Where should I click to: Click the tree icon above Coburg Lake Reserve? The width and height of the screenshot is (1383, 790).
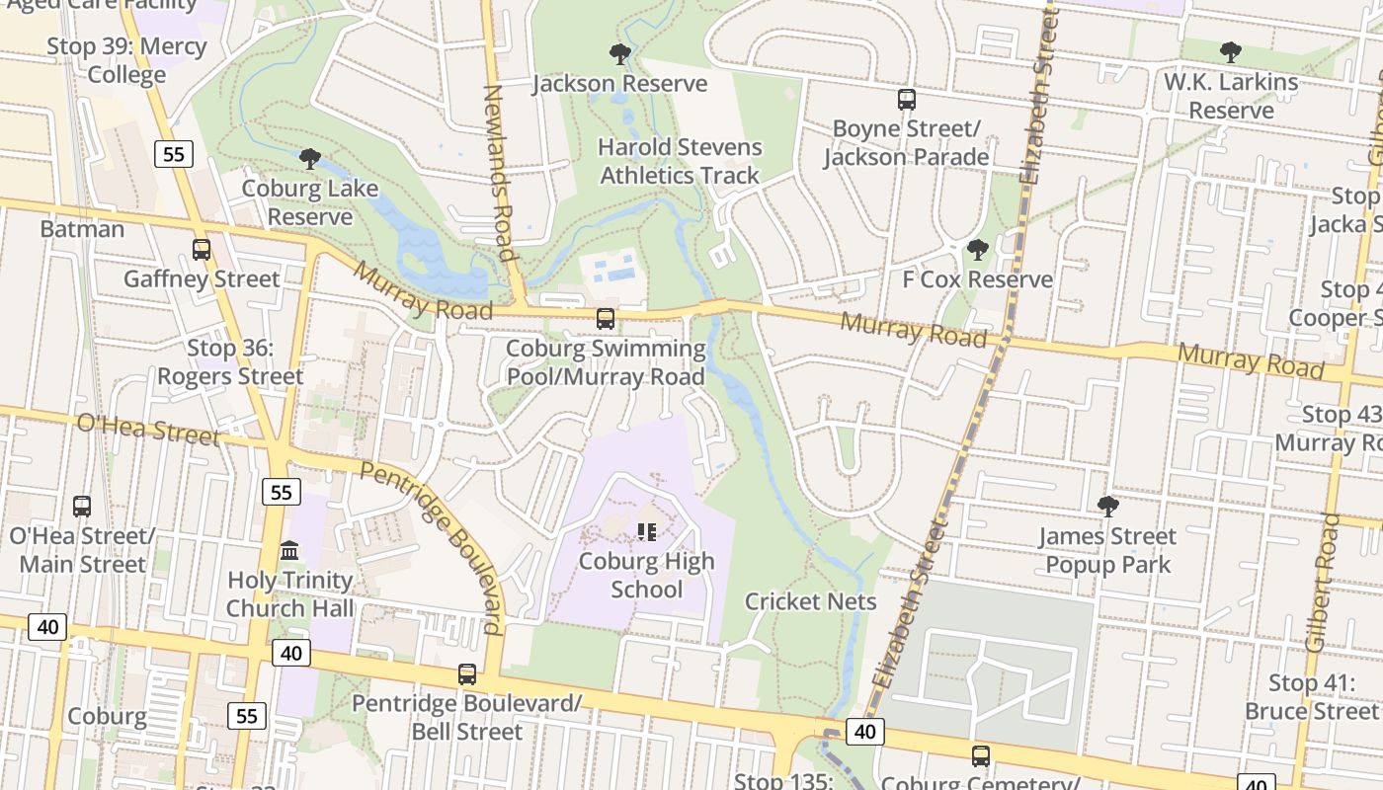310,158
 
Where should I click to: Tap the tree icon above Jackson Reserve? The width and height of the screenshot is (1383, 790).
620,53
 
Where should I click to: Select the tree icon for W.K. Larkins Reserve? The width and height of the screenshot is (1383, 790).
1230,51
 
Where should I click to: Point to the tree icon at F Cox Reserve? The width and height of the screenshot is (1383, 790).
977,249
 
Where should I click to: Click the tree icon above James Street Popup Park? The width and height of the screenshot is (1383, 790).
1107,507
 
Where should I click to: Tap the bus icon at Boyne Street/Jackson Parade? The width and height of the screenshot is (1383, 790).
906,99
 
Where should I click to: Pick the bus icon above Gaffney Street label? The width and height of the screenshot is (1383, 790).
202,249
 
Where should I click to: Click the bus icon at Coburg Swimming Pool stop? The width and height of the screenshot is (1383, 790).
606,319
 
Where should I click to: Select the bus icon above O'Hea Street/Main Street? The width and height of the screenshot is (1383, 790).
82,506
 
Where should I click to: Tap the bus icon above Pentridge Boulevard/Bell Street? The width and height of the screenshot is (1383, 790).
466,674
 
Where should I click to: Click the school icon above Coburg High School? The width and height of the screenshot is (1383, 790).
646,532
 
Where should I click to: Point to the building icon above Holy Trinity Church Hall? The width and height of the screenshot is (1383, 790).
289,550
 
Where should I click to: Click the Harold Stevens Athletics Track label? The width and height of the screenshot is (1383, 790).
680,161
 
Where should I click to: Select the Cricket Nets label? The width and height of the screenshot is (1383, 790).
810,601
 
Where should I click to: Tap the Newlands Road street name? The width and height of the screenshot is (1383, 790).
500,173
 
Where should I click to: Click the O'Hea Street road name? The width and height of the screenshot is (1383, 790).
147,429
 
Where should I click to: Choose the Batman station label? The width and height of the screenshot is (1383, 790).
82,229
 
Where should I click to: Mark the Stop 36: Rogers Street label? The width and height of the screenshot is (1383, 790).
230,361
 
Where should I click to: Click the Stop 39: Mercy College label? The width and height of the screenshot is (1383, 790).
126,60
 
